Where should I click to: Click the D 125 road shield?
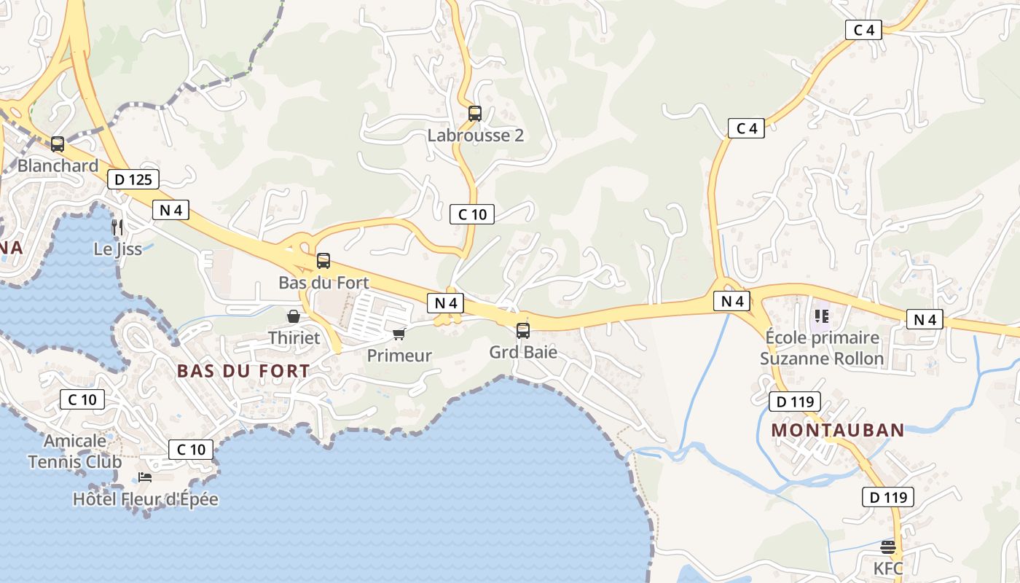[133, 179]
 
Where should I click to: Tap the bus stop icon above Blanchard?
[58, 144]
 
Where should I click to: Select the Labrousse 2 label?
[475, 136]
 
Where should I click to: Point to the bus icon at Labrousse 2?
[475, 114]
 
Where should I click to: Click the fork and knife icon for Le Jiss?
[117, 227]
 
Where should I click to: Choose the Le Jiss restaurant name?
[117, 249]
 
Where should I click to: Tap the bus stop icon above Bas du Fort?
[323, 261]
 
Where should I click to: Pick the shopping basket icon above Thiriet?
[294, 316]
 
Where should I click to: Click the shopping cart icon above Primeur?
[399, 334]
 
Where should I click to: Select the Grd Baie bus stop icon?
[523, 331]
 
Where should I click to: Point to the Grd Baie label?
[523, 353]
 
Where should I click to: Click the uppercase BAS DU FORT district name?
[243, 371]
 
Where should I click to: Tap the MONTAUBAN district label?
[837, 430]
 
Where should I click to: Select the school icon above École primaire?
[822, 316]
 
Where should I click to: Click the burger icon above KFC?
[888, 547]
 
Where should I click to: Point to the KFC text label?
[888, 568]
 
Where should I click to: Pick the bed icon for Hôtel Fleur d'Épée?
[145, 477]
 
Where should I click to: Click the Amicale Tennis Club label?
[75, 451]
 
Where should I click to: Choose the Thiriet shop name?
[294, 338]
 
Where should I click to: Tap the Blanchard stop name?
[58, 165]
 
